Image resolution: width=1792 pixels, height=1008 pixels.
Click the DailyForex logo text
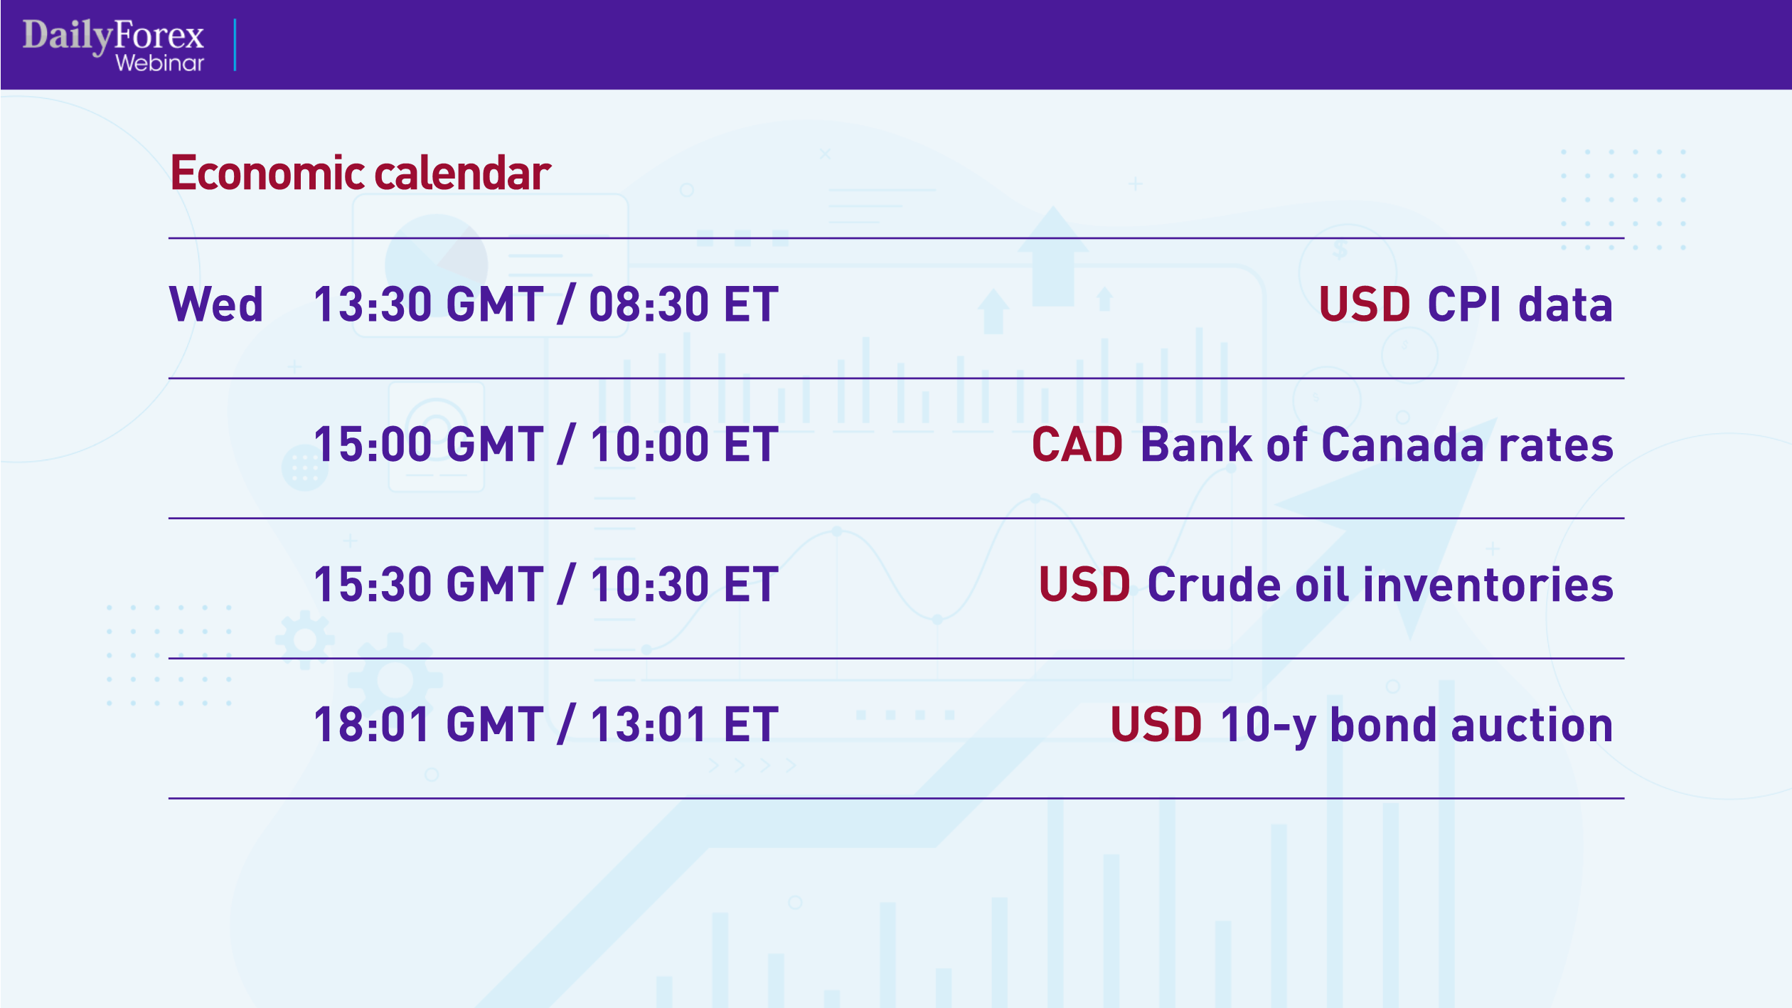click(x=113, y=35)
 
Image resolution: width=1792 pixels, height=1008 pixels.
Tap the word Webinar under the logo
click(x=159, y=63)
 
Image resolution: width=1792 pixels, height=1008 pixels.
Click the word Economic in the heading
click(x=267, y=173)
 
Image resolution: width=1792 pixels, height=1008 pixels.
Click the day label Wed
click(x=216, y=304)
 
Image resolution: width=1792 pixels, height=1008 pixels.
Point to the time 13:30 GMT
click(x=428, y=304)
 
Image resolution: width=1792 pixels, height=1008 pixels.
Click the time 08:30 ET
click(x=683, y=304)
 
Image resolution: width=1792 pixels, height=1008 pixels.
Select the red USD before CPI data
click(x=1365, y=304)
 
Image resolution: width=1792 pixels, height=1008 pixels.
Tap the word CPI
click(x=1464, y=304)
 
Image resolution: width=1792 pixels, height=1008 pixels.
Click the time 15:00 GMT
click(x=428, y=445)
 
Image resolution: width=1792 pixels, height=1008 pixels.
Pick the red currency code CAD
click(x=1077, y=445)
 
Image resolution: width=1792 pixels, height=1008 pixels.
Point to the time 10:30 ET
click(x=683, y=585)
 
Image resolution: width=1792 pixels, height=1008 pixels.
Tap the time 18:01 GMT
click(x=428, y=725)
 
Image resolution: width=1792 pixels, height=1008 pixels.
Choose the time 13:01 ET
click(x=683, y=725)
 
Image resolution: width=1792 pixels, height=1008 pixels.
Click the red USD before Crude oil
click(x=1084, y=585)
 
